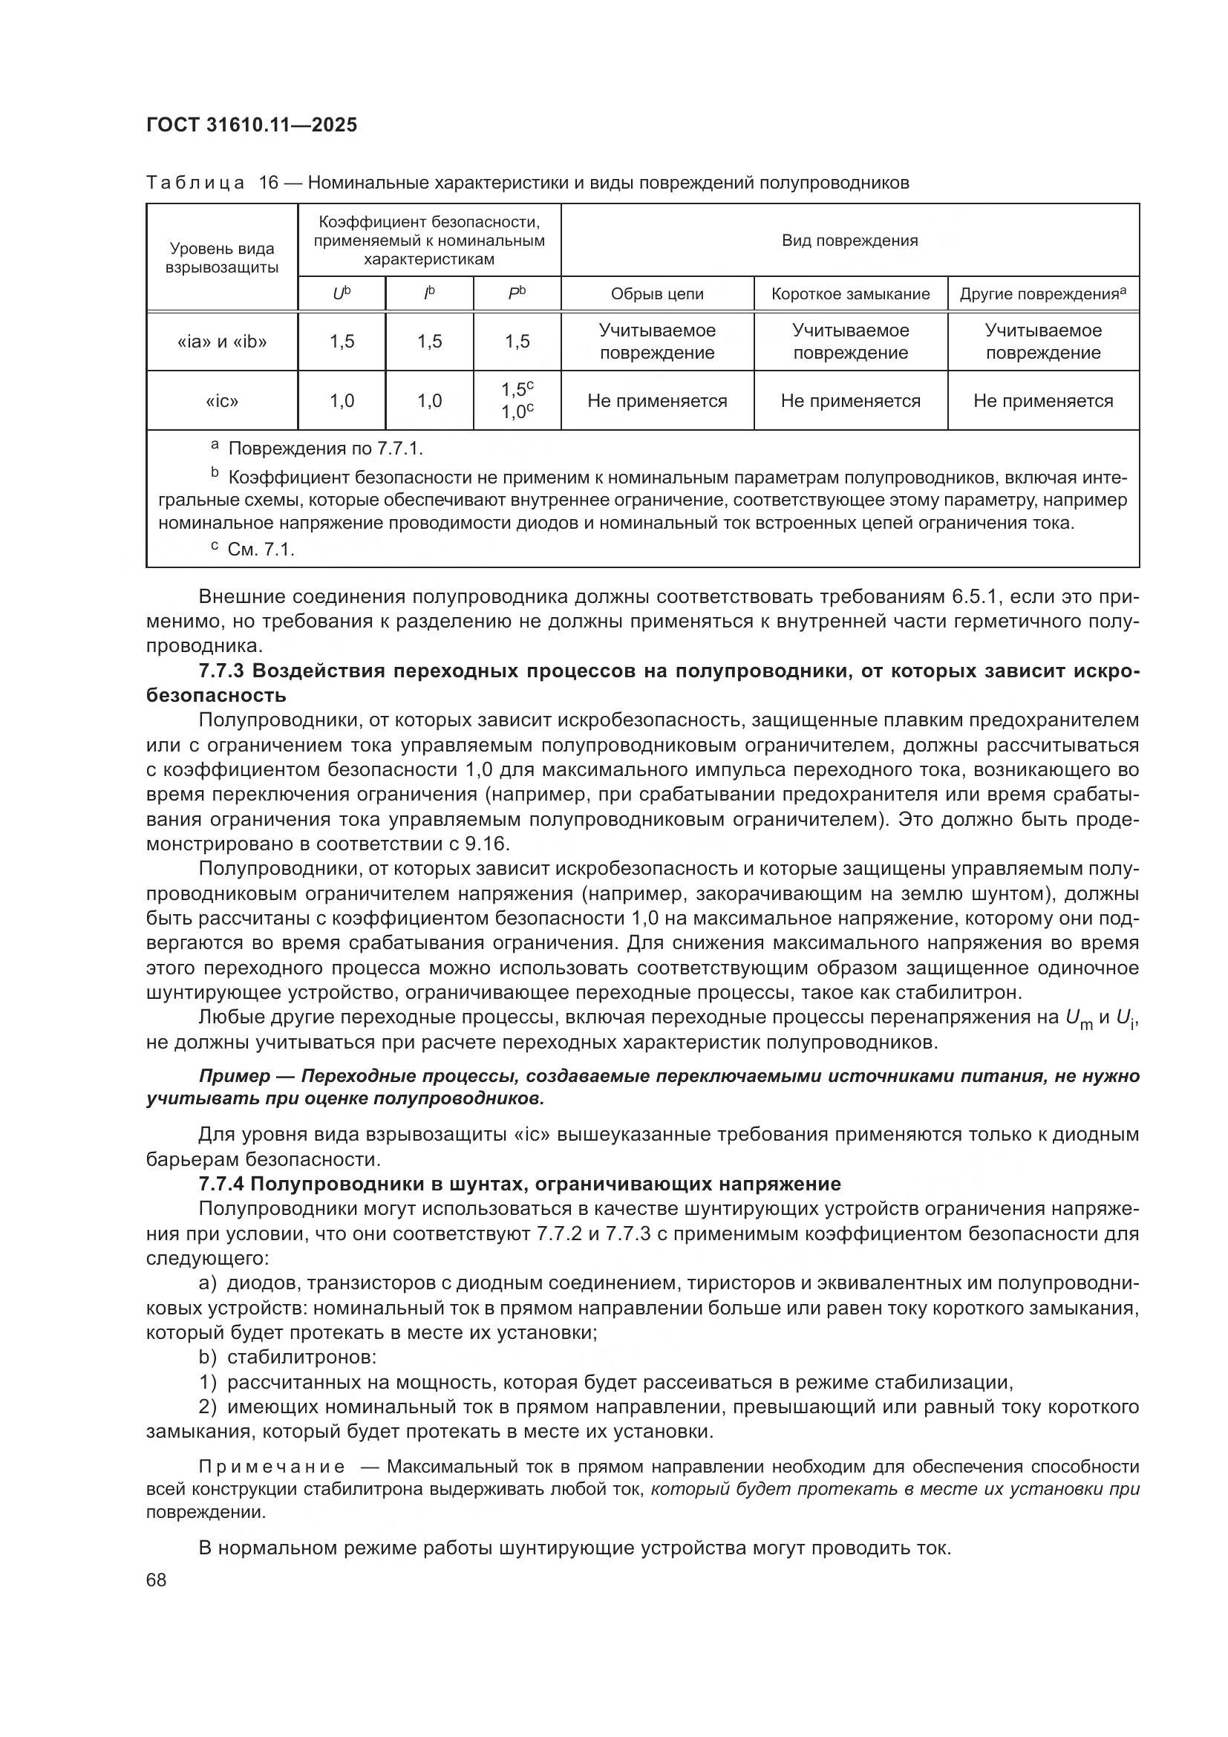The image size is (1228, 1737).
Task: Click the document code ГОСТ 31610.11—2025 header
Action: pos(251,125)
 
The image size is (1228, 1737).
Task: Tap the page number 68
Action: pos(157,1579)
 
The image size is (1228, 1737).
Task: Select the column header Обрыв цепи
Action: pos(656,294)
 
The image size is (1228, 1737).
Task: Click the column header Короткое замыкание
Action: pos(850,294)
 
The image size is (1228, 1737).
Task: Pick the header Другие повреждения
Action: pos(1042,294)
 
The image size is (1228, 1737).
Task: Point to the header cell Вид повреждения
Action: pos(849,241)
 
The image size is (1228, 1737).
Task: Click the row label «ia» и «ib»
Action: pos(221,341)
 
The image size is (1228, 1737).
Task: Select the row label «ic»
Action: pos(221,401)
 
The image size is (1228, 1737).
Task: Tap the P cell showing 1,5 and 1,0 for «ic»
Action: pos(517,401)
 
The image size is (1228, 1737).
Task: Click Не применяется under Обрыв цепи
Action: pos(656,401)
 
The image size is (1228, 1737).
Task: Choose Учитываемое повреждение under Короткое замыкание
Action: pos(850,341)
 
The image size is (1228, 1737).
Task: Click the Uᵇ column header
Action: pos(342,294)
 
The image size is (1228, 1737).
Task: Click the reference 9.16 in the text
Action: pos(493,843)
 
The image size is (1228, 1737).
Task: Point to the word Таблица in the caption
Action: pos(195,183)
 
